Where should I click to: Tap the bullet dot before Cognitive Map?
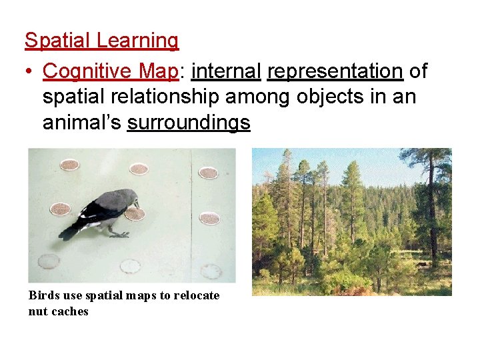point(30,71)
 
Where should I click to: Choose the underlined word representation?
point(334,71)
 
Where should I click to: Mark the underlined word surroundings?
point(189,123)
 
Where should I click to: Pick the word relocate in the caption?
point(197,295)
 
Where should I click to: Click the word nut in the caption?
point(37,311)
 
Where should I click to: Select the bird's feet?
point(119,234)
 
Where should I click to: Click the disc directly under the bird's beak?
point(135,213)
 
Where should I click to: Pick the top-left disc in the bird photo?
point(69,164)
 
